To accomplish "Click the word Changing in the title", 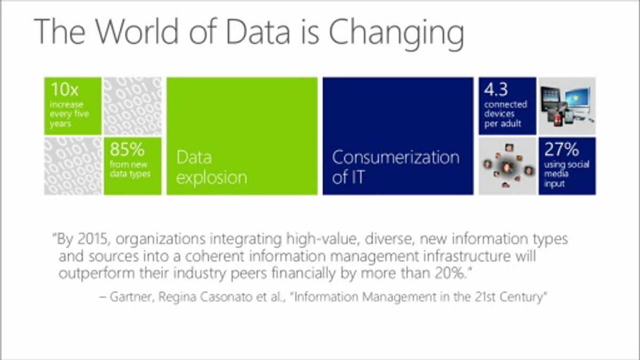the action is (x=397, y=34).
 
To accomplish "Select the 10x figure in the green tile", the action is (x=65, y=90).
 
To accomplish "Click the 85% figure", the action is (x=127, y=149).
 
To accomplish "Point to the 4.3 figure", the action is (x=496, y=89).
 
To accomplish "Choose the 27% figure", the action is (x=562, y=149).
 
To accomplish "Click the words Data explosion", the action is (x=211, y=167).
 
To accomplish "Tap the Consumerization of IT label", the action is (x=396, y=167).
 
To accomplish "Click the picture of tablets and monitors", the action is (x=567, y=106).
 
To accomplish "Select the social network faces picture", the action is (x=507, y=166).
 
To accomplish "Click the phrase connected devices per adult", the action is (x=506, y=114).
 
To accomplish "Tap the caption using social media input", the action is (x=566, y=174).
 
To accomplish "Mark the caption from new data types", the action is (x=130, y=169).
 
